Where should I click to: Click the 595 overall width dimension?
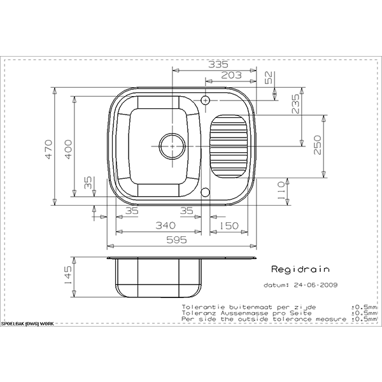point(176,240)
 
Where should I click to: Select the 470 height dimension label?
point(49,150)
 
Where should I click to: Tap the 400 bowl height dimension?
point(69,150)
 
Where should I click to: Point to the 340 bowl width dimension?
point(166,225)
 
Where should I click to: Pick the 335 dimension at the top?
point(218,64)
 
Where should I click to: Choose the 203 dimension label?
point(232,75)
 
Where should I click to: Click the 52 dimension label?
point(269,78)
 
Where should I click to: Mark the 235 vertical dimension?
point(295,104)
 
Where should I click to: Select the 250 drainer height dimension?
point(317,145)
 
